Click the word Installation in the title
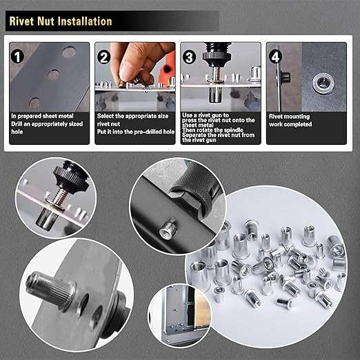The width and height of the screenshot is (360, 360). [79, 21]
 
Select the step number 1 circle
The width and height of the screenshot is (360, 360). [19, 54]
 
